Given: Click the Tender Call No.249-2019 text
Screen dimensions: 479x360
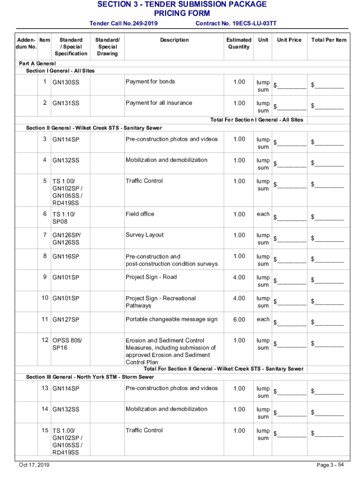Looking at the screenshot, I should (x=123, y=23).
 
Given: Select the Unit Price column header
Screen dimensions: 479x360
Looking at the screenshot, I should (x=289, y=40).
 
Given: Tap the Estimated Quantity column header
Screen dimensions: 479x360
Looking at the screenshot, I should (x=238, y=44).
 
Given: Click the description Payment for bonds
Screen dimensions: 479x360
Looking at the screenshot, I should (x=150, y=82).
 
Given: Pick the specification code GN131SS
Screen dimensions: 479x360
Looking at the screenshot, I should (x=65, y=103).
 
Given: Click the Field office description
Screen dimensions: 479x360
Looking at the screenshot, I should (x=140, y=214).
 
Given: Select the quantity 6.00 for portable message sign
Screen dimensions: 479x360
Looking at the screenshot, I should (x=238, y=319).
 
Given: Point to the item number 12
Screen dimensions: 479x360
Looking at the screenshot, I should (x=44, y=341).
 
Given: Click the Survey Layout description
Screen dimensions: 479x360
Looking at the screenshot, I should (x=144, y=235).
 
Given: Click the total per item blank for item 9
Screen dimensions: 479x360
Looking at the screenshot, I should (x=329, y=281).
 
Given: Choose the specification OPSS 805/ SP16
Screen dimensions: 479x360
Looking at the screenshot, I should (x=67, y=344).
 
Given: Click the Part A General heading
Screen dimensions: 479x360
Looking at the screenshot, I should (x=37, y=64).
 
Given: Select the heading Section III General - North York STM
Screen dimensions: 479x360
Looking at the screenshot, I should (x=90, y=377).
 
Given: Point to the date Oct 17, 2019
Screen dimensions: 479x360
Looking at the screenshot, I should (x=34, y=465).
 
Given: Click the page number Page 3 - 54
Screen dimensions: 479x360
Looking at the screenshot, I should (x=330, y=465).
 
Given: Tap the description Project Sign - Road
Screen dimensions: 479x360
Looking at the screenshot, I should (x=151, y=277).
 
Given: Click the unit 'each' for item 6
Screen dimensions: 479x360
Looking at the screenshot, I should (x=263, y=214).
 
